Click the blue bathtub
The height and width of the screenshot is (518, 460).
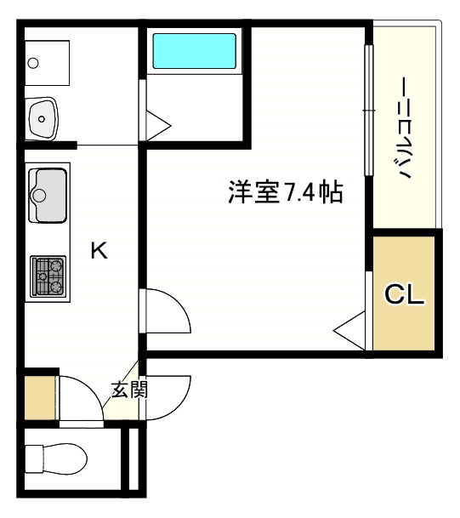coord(194,51)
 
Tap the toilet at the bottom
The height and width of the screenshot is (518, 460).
coord(56,458)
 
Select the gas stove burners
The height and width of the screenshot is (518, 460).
coord(48,276)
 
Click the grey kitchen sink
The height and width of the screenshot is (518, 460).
coord(48,196)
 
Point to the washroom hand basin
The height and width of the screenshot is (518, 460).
coord(43,118)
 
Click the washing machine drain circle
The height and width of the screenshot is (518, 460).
coord(33,63)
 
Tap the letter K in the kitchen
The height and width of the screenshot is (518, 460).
coord(99,250)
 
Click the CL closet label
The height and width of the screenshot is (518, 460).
coord(404,294)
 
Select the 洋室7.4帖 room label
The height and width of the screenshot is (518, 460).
coord(286,192)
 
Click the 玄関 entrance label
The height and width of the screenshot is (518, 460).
coord(129,390)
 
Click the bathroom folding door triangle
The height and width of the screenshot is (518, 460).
coord(158,126)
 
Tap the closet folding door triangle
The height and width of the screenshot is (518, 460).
coord(349,330)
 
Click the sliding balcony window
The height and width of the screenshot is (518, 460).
coord(368,110)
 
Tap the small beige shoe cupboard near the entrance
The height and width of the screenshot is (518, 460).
coord(40,398)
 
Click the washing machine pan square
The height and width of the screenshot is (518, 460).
coord(48,63)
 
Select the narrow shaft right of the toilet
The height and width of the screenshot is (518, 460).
coord(133,459)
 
